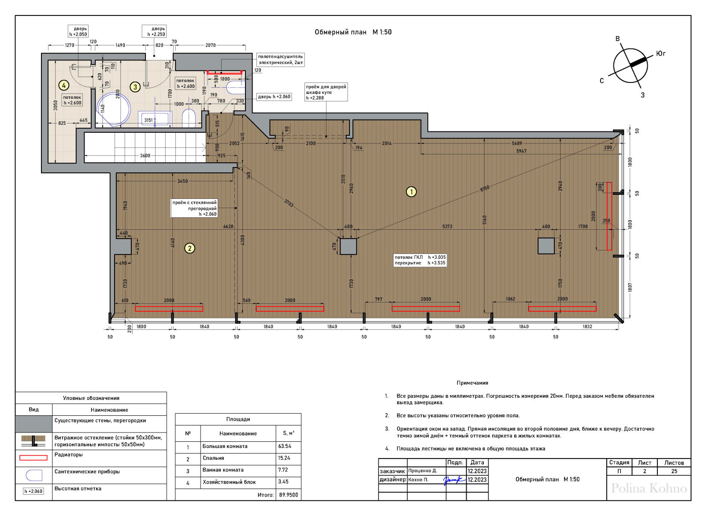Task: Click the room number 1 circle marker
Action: (411, 191)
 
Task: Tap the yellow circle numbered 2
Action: (189, 248)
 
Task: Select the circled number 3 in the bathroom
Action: (135, 86)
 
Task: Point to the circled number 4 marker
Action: (64, 85)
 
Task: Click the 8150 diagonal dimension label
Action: (485, 188)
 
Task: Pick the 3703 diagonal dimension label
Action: (289, 203)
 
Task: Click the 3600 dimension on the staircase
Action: (145, 156)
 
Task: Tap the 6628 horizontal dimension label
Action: (228, 226)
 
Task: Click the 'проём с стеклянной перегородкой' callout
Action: (194, 208)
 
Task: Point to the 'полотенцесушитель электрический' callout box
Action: (280, 60)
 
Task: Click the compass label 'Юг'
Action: (660, 54)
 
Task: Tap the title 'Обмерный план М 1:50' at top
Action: (353, 32)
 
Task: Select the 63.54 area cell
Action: (285, 446)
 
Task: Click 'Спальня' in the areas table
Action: (213, 458)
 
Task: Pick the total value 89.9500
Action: (289, 495)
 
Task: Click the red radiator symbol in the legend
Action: (33, 458)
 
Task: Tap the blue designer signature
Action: (454, 480)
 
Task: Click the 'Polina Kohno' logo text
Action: (649, 488)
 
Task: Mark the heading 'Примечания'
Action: (472, 383)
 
